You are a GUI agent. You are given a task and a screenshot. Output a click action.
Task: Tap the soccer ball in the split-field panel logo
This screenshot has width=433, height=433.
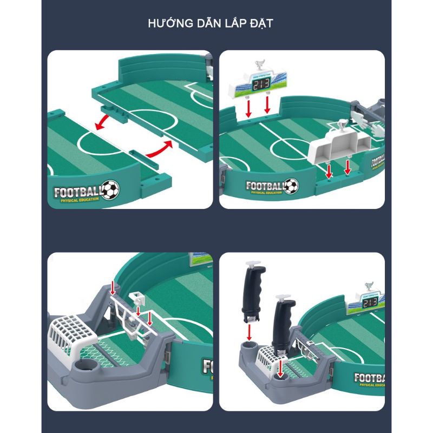pos(111,189)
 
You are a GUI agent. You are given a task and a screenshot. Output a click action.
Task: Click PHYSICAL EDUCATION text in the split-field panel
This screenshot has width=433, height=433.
pos(80,201)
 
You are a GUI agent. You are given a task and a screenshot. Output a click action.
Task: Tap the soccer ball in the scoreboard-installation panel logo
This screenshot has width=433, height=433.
pos(291,186)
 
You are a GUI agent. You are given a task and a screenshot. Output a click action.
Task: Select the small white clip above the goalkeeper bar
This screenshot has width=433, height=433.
pos(137,297)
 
